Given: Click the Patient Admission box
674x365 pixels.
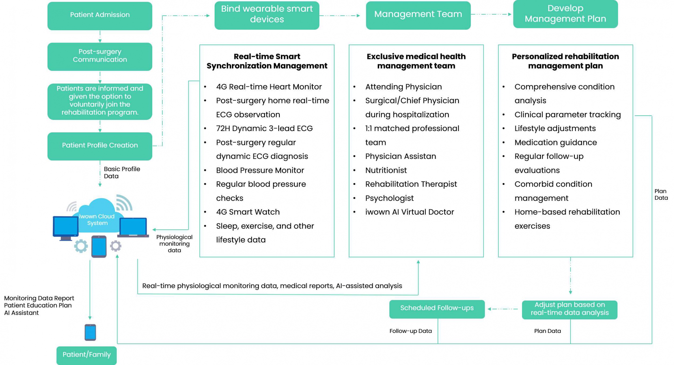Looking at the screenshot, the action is pyautogui.click(x=100, y=16).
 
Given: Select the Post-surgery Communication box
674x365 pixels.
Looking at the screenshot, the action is pyautogui.click(x=100, y=57).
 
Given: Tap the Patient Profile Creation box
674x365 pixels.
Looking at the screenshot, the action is pyautogui.click(x=100, y=146).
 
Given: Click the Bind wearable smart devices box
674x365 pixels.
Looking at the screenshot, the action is pyautogui.click(x=267, y=15).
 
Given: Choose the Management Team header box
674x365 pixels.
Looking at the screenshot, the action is pyautogui.click(x=418, y=15).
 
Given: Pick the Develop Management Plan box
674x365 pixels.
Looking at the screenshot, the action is pyautogui.click(x=565, y=14).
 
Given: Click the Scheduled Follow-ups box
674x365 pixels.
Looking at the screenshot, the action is pyautogui.click(x=437, y=309).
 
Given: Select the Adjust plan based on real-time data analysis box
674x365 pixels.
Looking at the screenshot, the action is pyautogui.click(x=570, y=310).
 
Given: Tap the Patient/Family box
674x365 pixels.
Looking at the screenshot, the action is pyautogui.click(x=87, y=355).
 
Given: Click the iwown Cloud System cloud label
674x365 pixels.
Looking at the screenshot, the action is pyautogui.click(x=97, y=220).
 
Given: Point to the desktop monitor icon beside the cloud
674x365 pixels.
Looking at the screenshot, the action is pyautogui.click(x=66, y=228).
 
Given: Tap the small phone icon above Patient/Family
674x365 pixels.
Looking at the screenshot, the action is pyautogui.click(x=90, y=332).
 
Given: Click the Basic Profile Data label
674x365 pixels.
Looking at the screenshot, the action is pyautogui.click(x=122, y=173).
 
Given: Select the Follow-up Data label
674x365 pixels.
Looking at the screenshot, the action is pyautogui.click(x=411, y=331).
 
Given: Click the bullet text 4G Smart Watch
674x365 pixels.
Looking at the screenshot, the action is pyautogui.click(x=248, y=212).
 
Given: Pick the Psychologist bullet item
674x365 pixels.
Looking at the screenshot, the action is pyautogui.click(x=389, y=198).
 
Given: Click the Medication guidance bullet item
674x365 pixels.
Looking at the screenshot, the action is pyautogui.click(x=556, y=142).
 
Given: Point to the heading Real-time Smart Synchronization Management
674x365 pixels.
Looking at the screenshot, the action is pyautogui.click(x=267, y=61).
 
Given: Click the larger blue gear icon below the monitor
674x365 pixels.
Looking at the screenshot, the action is pyautogui.click(x=81, y=246).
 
